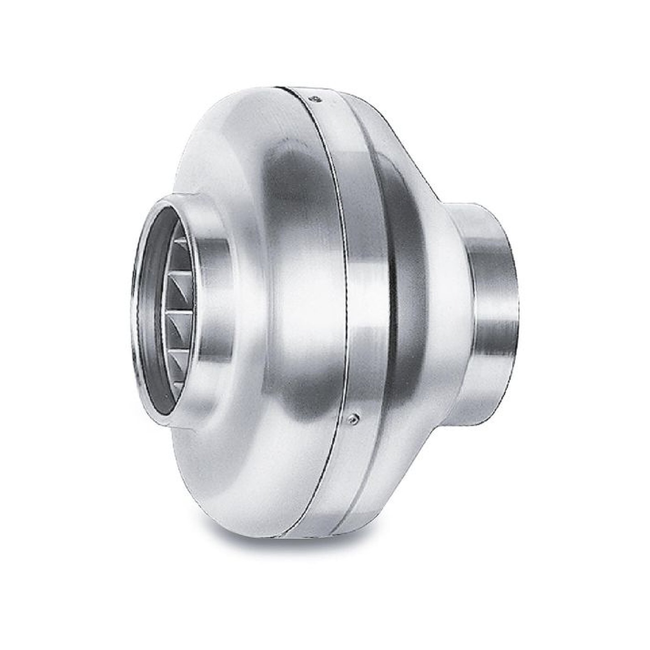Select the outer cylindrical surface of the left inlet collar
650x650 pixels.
(x=211, y=301)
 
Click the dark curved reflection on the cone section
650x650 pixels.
(x=400, y=252)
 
